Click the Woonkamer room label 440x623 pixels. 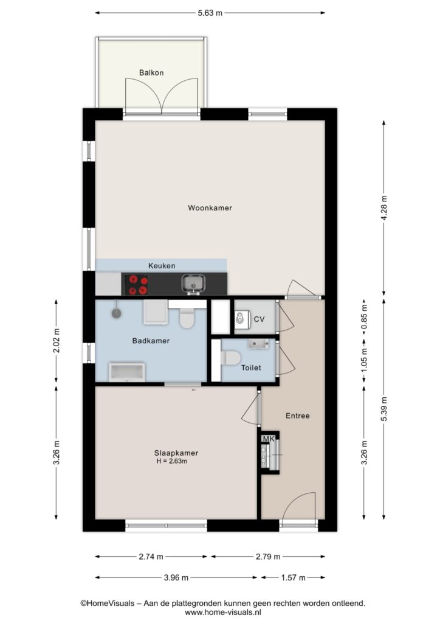click(210, 208)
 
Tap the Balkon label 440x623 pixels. click(151, 73)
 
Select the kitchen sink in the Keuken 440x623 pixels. click(193, 284)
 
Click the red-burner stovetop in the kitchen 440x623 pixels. click(136, 285)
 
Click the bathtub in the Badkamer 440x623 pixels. click(127, 372)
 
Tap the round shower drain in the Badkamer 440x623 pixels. click(116, 313)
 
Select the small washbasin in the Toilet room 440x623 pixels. click(259, 344)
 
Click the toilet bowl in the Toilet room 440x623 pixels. click(231, 358)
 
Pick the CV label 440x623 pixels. click(259, 319)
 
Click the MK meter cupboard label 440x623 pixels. click(269, 439)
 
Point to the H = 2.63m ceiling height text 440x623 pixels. click(172, 461)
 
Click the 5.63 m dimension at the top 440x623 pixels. click(210, 13)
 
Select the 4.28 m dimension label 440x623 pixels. click(383, 209)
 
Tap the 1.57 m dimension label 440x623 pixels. click(293, 577)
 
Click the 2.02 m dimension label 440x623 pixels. click(56, 341)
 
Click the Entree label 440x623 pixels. click(298, 416)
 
